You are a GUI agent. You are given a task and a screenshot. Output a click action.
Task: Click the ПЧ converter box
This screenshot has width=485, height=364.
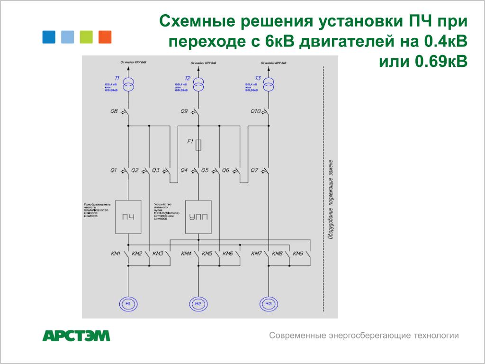click(128, 217)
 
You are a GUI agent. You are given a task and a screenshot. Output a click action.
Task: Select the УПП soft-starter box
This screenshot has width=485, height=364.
click(198, 217)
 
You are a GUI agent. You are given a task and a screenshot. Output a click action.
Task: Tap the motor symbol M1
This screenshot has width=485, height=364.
click(128, 303)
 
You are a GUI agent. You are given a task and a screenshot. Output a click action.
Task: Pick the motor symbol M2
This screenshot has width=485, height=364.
click(198, 303)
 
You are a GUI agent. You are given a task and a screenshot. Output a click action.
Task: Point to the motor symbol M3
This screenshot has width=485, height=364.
click(269, 303)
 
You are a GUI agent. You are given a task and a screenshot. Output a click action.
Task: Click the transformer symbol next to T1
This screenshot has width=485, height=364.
click(128, 85)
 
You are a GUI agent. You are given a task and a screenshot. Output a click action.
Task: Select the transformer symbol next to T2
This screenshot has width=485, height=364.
click(198, 85)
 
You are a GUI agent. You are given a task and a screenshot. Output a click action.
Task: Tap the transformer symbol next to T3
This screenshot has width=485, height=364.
click(269, 85)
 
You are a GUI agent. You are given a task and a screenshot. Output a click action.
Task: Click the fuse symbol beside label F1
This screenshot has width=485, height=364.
click(198, 145)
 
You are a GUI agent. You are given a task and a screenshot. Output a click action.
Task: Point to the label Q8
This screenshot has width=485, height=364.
click(114, 111)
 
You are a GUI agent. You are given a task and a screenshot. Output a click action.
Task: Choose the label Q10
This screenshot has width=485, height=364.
click(255, 111)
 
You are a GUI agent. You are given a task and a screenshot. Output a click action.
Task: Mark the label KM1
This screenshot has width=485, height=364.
click(116, 254)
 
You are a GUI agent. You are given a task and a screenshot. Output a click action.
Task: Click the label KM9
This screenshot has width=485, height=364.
click(298, 254)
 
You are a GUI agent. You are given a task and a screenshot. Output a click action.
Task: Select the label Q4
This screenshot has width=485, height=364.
click(184, 170)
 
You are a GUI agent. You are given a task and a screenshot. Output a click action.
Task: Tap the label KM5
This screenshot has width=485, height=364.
click(207, 254)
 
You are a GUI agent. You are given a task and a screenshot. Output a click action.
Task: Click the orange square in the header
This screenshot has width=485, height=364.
click(105, 37)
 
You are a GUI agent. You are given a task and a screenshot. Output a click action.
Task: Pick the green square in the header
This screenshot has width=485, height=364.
click(86, 37)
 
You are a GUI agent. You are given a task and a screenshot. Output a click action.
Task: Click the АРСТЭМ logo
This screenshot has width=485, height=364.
click(76, 336)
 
